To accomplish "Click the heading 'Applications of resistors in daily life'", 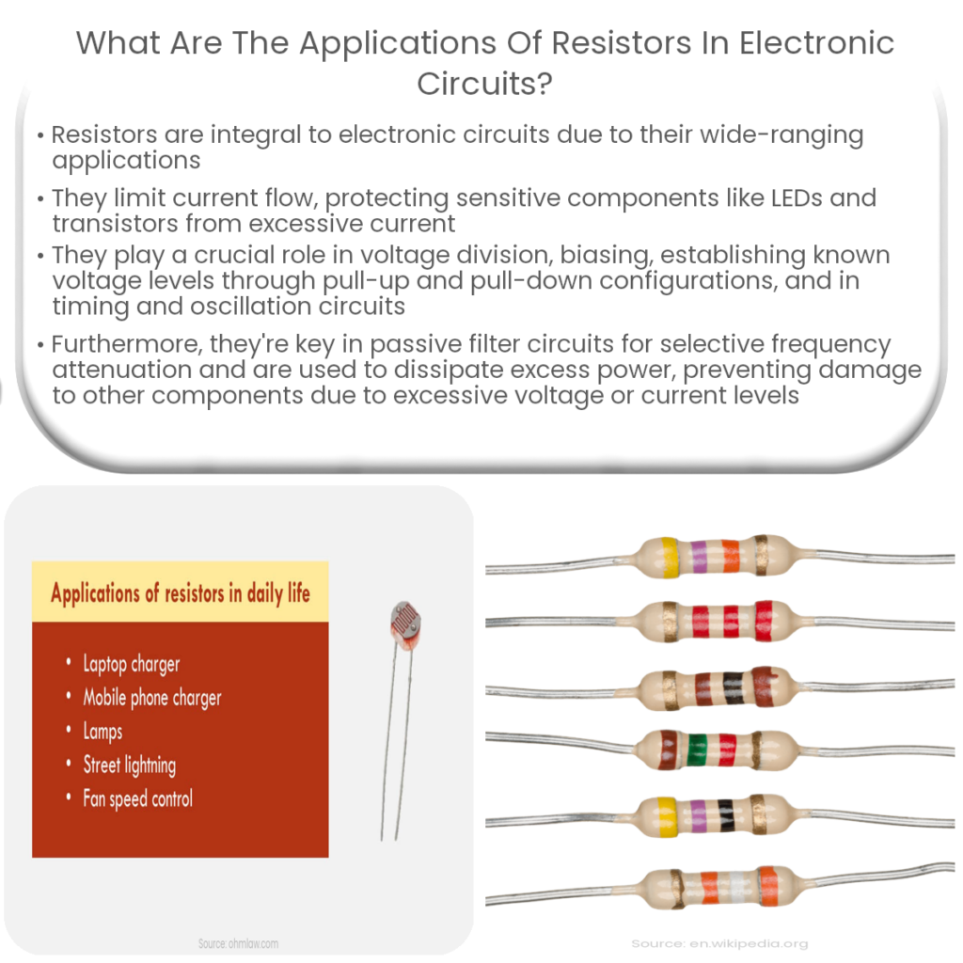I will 180,593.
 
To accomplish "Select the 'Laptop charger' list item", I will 131,664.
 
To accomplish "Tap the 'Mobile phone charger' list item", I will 151,698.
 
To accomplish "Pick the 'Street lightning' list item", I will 129,765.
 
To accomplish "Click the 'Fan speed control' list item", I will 137,799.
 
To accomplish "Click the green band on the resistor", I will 697,750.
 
